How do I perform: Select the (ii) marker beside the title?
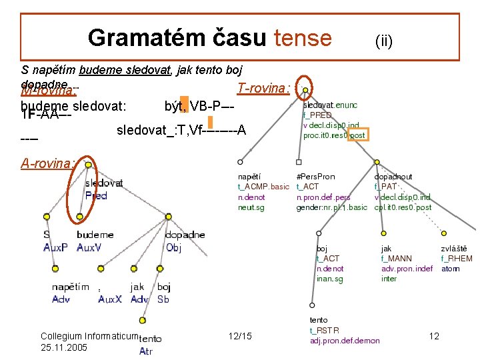coord(383,41)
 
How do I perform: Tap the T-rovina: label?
coord(263,88)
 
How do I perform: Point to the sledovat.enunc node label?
coord(330,105)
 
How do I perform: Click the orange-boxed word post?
coord(357,135)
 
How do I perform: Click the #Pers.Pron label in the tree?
coord(315,177)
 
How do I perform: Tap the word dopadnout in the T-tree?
coord(393,177)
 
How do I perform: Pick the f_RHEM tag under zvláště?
coord(457,259)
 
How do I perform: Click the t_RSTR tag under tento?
coord(324,331)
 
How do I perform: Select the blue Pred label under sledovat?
coord(96,195)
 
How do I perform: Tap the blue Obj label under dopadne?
coord(173,247)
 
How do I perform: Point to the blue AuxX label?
coord(110,299)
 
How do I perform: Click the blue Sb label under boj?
coord(163,299)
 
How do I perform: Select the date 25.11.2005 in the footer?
coord(64,347)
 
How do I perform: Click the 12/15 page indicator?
coord(239,336)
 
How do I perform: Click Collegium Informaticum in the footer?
coord(89,337)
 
